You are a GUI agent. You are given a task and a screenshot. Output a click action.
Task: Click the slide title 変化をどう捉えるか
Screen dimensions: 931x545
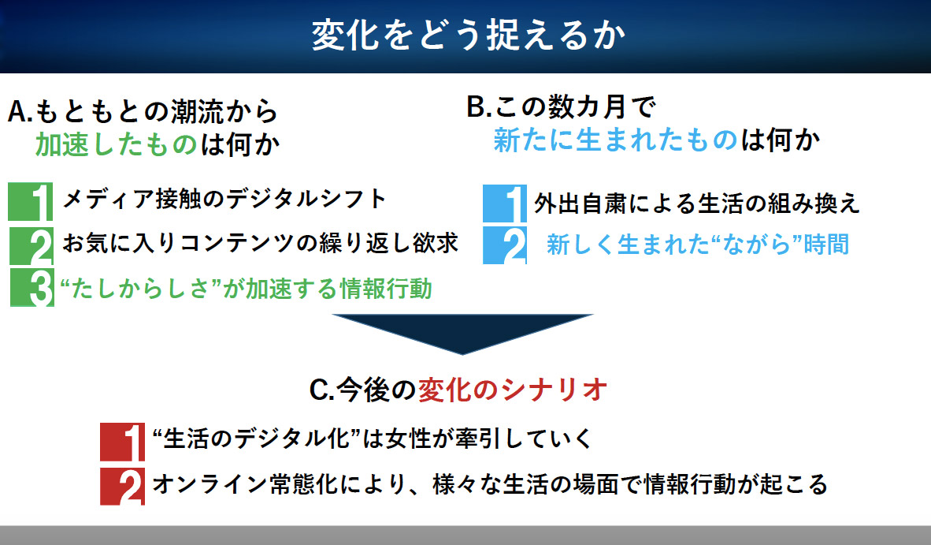(469, 35)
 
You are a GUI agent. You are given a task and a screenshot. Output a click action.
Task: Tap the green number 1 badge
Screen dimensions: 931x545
(30, 202)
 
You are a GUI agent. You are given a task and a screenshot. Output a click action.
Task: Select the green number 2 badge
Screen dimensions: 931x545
(32, 245)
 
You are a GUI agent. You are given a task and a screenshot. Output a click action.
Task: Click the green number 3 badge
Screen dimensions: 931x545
(32, 288)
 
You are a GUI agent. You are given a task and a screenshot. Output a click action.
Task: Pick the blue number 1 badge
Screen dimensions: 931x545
(505, 203)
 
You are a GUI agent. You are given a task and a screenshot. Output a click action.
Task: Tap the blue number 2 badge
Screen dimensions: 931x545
(505, 245)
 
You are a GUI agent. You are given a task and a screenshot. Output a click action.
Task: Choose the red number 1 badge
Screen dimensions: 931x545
(122, 442)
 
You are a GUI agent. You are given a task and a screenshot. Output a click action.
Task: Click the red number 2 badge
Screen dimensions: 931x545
(122, 486)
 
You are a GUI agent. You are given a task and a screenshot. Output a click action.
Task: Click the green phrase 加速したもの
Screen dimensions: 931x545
(116, 144)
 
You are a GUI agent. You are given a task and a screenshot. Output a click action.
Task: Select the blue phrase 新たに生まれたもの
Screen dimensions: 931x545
(615, 140)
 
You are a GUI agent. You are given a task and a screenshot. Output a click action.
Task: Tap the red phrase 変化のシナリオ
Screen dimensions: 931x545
(513, 390)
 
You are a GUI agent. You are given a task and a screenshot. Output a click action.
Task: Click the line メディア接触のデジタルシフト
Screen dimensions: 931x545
(224, 199)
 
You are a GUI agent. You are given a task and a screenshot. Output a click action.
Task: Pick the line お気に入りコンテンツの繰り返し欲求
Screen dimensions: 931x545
(260, 243)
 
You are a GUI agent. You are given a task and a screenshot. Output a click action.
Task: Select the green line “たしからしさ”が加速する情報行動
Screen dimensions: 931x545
(246, 289)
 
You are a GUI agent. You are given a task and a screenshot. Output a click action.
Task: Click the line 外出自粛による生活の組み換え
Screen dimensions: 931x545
(697, 203)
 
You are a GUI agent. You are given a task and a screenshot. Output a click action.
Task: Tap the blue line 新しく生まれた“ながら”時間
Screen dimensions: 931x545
(698, 245)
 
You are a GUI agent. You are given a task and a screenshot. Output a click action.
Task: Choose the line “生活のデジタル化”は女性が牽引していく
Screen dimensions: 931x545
(373, 439)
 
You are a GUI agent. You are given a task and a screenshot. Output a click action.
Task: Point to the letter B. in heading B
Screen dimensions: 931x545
(479, 107)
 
